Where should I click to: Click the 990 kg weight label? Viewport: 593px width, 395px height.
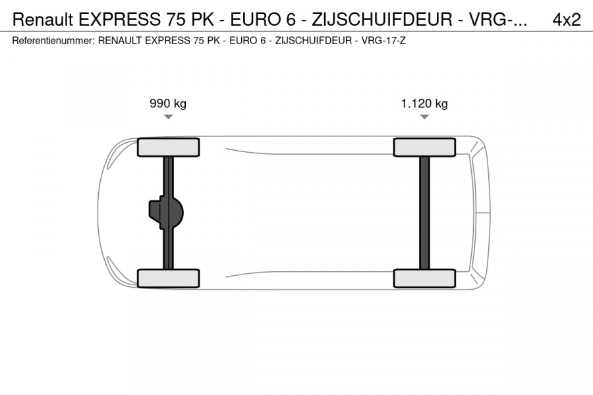[x=168, y=103]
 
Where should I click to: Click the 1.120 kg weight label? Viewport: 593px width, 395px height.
[x=424, y=103]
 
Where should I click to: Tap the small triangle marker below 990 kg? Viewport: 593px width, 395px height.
[x=168, y=117]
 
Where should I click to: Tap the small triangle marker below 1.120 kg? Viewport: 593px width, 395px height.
[x=424, y=117]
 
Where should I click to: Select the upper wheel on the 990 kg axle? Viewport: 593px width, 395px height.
[x=168, y=147]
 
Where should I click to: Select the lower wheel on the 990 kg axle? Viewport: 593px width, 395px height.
[x=168, y=278]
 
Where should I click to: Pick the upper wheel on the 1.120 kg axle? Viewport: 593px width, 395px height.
[x=424, y=147]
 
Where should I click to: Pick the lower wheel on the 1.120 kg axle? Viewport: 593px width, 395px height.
[x=424, y=278]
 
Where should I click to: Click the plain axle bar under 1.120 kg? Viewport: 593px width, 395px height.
[x=424, y=213]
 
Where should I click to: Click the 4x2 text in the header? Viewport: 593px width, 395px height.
[x=566, y=20]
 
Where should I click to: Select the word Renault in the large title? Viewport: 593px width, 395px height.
[x=42, y=20]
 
